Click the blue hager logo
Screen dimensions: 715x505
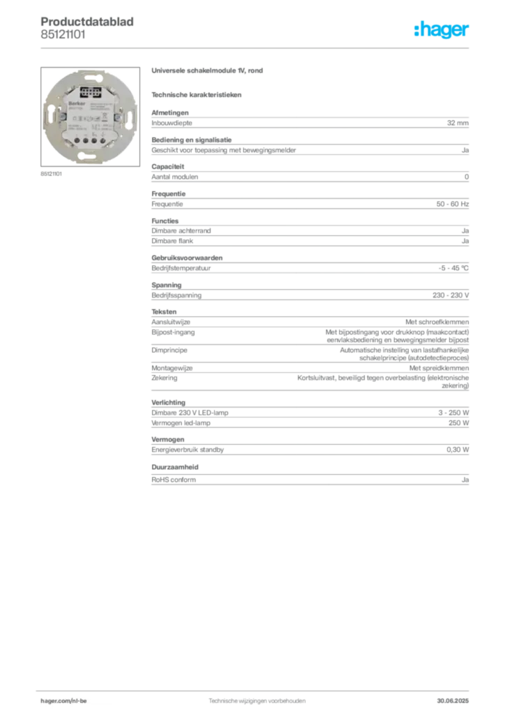(443, 31)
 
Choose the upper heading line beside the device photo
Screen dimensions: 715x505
(210, 72)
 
